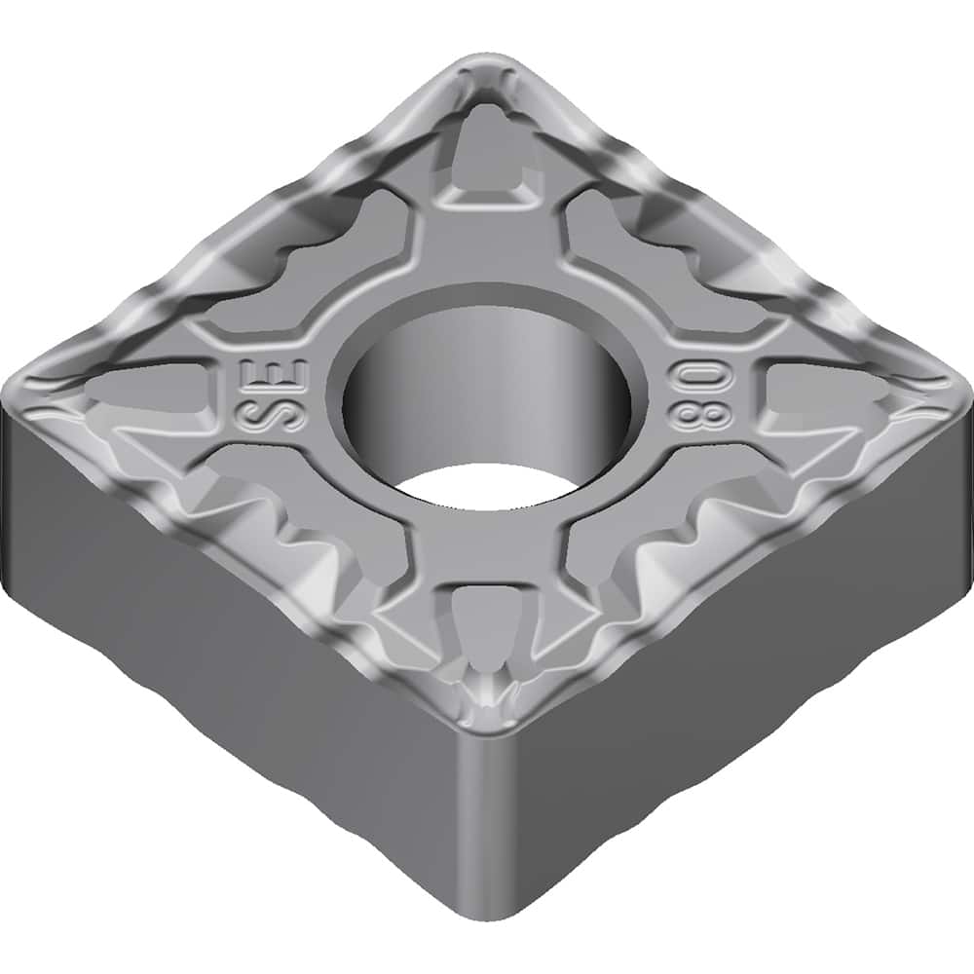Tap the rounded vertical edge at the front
(487, 828)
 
